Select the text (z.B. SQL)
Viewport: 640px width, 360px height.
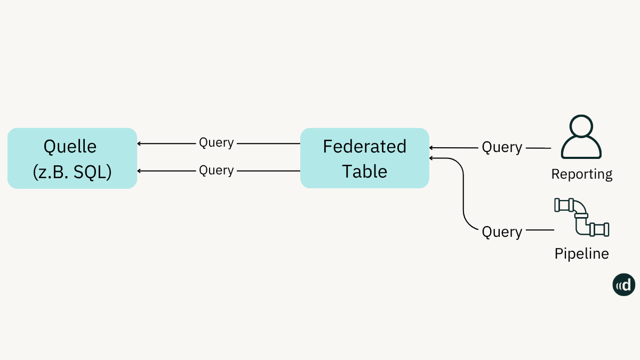click(x=72, y=171)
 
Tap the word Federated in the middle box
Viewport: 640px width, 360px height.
click(x=365, y=146)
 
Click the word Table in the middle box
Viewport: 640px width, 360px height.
click(x=365, y=171)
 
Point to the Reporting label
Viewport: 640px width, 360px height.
click(x=582, y=174)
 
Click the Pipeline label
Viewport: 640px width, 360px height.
click(x=582, y=253)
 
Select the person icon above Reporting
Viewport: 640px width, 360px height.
click(x=581, y=137)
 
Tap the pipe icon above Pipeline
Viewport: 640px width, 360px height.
click(x=582, y=217)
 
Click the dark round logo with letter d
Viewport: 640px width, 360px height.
click(x=624, y=285)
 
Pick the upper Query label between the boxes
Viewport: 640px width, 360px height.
click(x=217, y=143)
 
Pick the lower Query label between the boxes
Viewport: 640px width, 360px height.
click(x=217, y=170)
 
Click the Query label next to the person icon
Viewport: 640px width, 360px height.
click(x=502, y=147)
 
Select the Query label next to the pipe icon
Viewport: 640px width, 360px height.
click(x=502, y=232)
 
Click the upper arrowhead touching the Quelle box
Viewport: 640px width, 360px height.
click(x=140, y=143)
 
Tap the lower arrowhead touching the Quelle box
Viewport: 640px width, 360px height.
click(x=140, y=171)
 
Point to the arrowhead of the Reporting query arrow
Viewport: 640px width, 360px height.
click(x=431, y=148)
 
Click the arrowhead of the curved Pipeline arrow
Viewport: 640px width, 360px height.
click(x=431, y=158)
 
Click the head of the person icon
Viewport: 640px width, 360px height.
click(x=581, y=127)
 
